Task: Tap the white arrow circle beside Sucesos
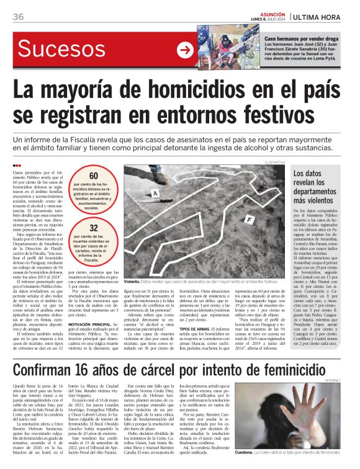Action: coord(184,50)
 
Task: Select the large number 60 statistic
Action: coord(94,176)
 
